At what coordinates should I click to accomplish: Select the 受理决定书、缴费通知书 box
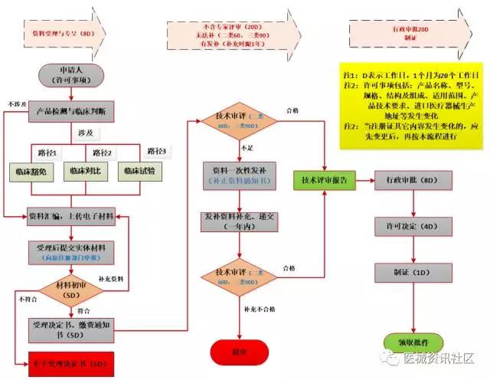coord(73,330)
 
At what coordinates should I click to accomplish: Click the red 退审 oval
coord(234,352)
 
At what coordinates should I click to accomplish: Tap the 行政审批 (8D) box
coord(407,181)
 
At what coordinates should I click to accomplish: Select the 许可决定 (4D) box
coord(407,227)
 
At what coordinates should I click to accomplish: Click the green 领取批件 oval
coord(406,339)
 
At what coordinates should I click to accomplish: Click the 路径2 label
coord(103,151)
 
